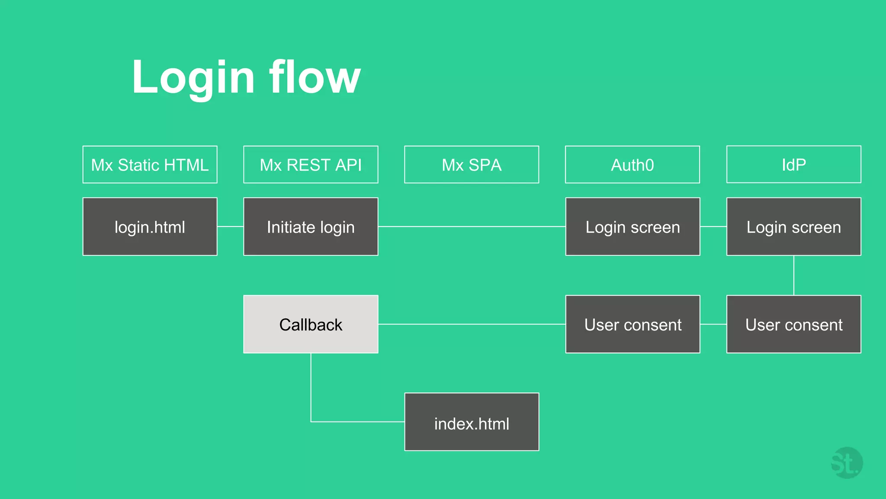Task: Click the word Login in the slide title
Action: coord(193,78)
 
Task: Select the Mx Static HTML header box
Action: coord(150,165)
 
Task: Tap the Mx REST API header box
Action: coord(311,165)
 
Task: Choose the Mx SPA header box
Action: coord(472,165)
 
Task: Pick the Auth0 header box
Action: coord(632,165)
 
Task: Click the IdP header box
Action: coord(793,165)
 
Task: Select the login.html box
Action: coord(150,227)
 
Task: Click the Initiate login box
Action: coord(311,227)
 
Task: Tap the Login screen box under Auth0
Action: coord(632,227)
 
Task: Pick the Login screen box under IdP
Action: coord(793,227)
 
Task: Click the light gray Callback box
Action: coord(311,324)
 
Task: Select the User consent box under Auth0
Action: coord(632,324)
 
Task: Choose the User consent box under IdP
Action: coord(793,324)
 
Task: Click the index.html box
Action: coord(472,422)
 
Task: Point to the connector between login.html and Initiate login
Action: coord(230,227)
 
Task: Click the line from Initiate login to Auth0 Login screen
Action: coord(472,227)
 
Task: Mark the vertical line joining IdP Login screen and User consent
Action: coord(793,275)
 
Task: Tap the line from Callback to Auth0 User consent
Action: coord(472,324)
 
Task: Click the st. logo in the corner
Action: coord(846,463)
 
